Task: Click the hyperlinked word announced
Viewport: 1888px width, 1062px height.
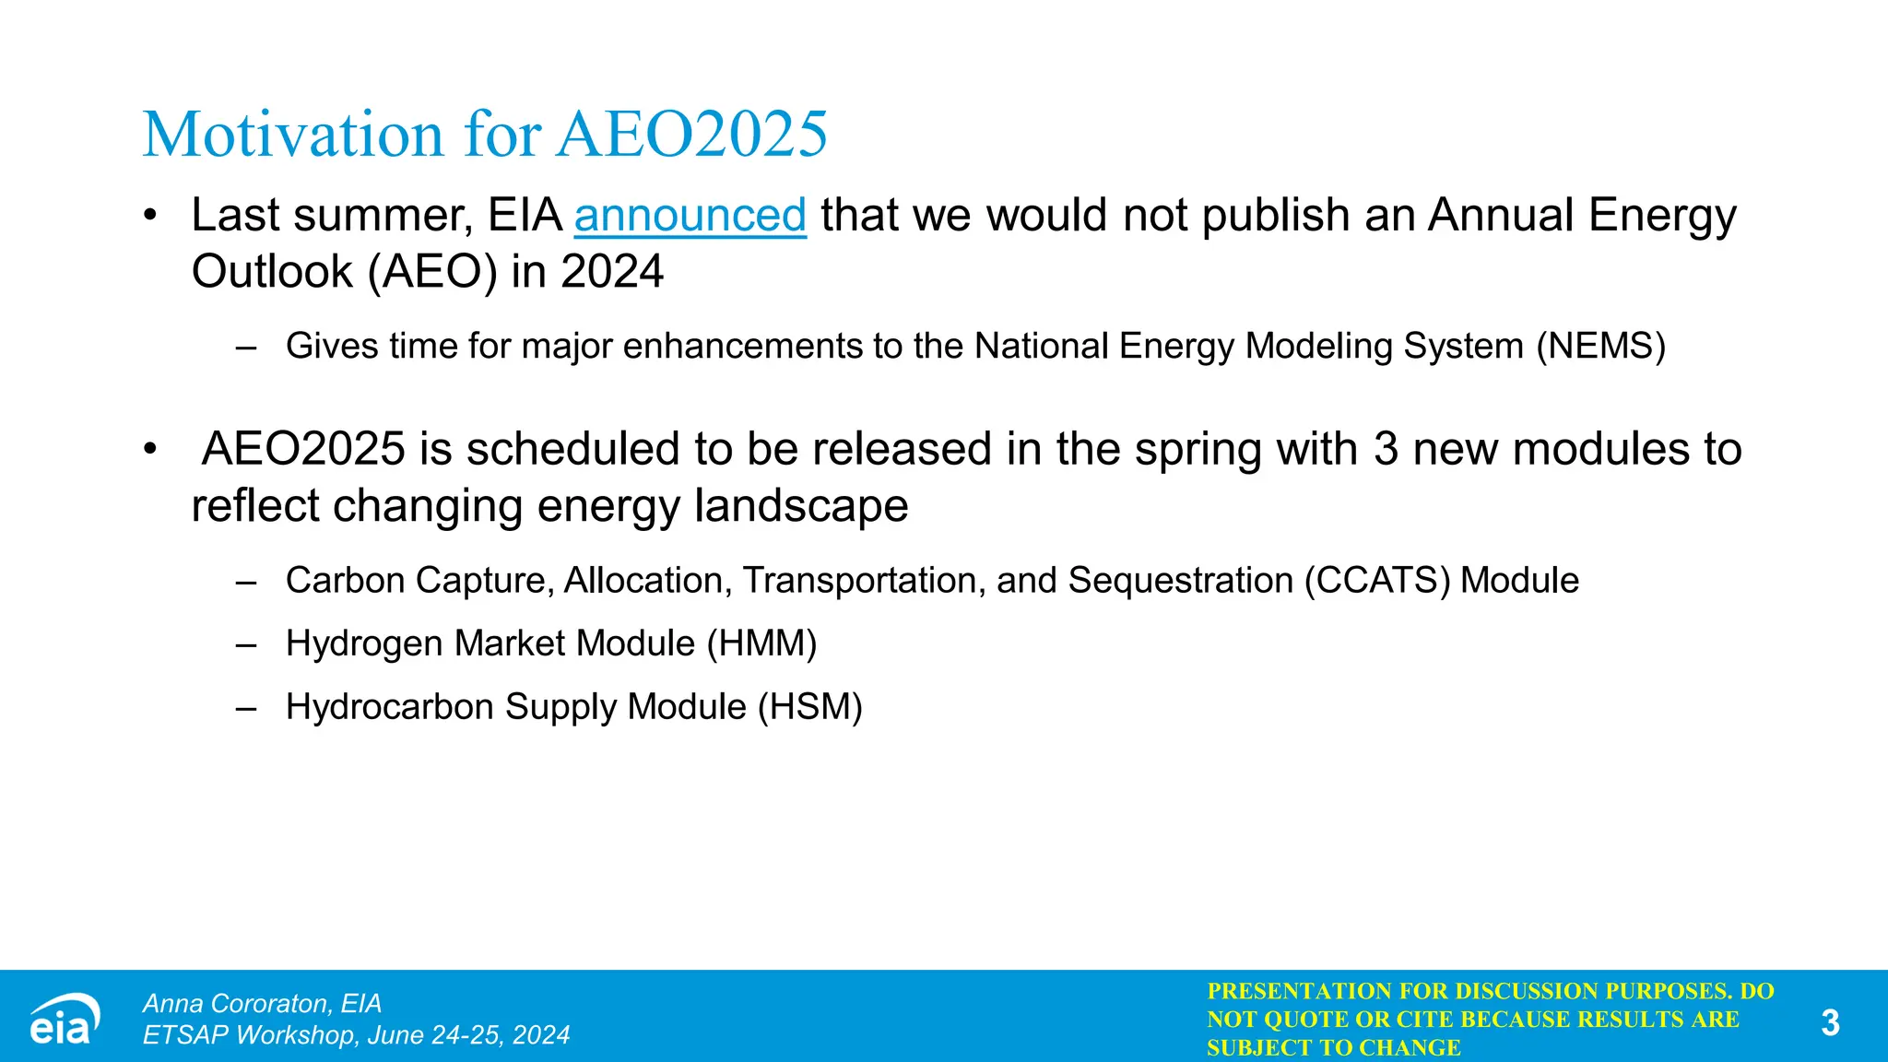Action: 690,216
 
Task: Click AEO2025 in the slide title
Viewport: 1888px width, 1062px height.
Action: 691,135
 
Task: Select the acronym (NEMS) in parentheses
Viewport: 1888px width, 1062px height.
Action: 1601,347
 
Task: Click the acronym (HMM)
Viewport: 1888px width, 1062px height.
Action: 761,643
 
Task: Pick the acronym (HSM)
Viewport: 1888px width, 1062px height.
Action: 809,707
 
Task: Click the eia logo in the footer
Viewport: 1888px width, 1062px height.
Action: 63,1020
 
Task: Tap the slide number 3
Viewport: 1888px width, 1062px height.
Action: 1830,1022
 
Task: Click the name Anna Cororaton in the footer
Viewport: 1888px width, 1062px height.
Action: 236,1003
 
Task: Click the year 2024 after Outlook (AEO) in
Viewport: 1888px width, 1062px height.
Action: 611,272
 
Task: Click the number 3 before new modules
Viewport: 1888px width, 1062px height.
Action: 1386,450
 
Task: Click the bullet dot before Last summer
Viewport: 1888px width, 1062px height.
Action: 150,216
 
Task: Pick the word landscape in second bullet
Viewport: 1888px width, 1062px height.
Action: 800,506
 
